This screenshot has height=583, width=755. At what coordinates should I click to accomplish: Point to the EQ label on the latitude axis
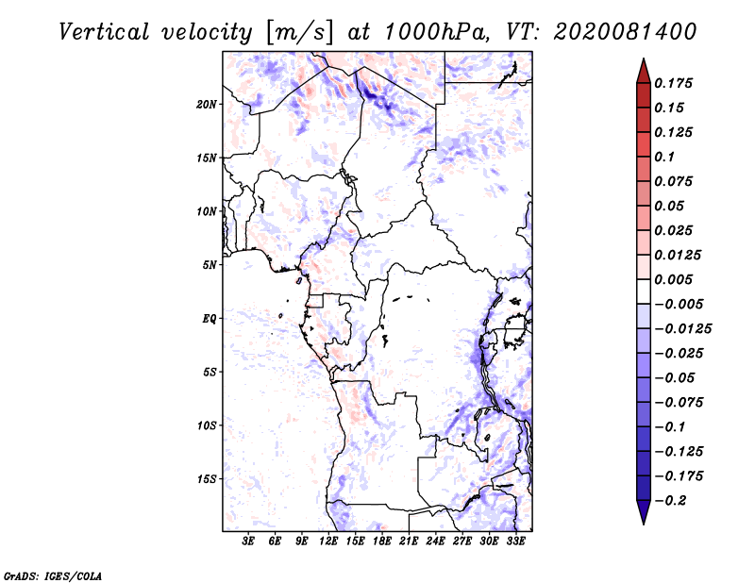210,319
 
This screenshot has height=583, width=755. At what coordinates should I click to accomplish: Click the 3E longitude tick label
249,541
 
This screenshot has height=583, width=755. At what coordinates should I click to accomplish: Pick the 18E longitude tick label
382,541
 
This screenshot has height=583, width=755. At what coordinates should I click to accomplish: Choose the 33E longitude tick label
515,541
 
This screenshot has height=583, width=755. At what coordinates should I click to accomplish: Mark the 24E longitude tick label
436,541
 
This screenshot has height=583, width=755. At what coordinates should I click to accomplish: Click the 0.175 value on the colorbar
676,83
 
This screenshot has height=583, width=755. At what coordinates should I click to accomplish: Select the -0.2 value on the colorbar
673,501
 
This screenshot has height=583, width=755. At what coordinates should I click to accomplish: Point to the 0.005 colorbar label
676,279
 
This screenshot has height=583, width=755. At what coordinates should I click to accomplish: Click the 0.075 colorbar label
676,181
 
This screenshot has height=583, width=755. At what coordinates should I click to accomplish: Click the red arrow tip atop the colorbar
642,66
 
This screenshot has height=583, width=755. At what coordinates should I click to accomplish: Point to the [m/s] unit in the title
299,32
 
